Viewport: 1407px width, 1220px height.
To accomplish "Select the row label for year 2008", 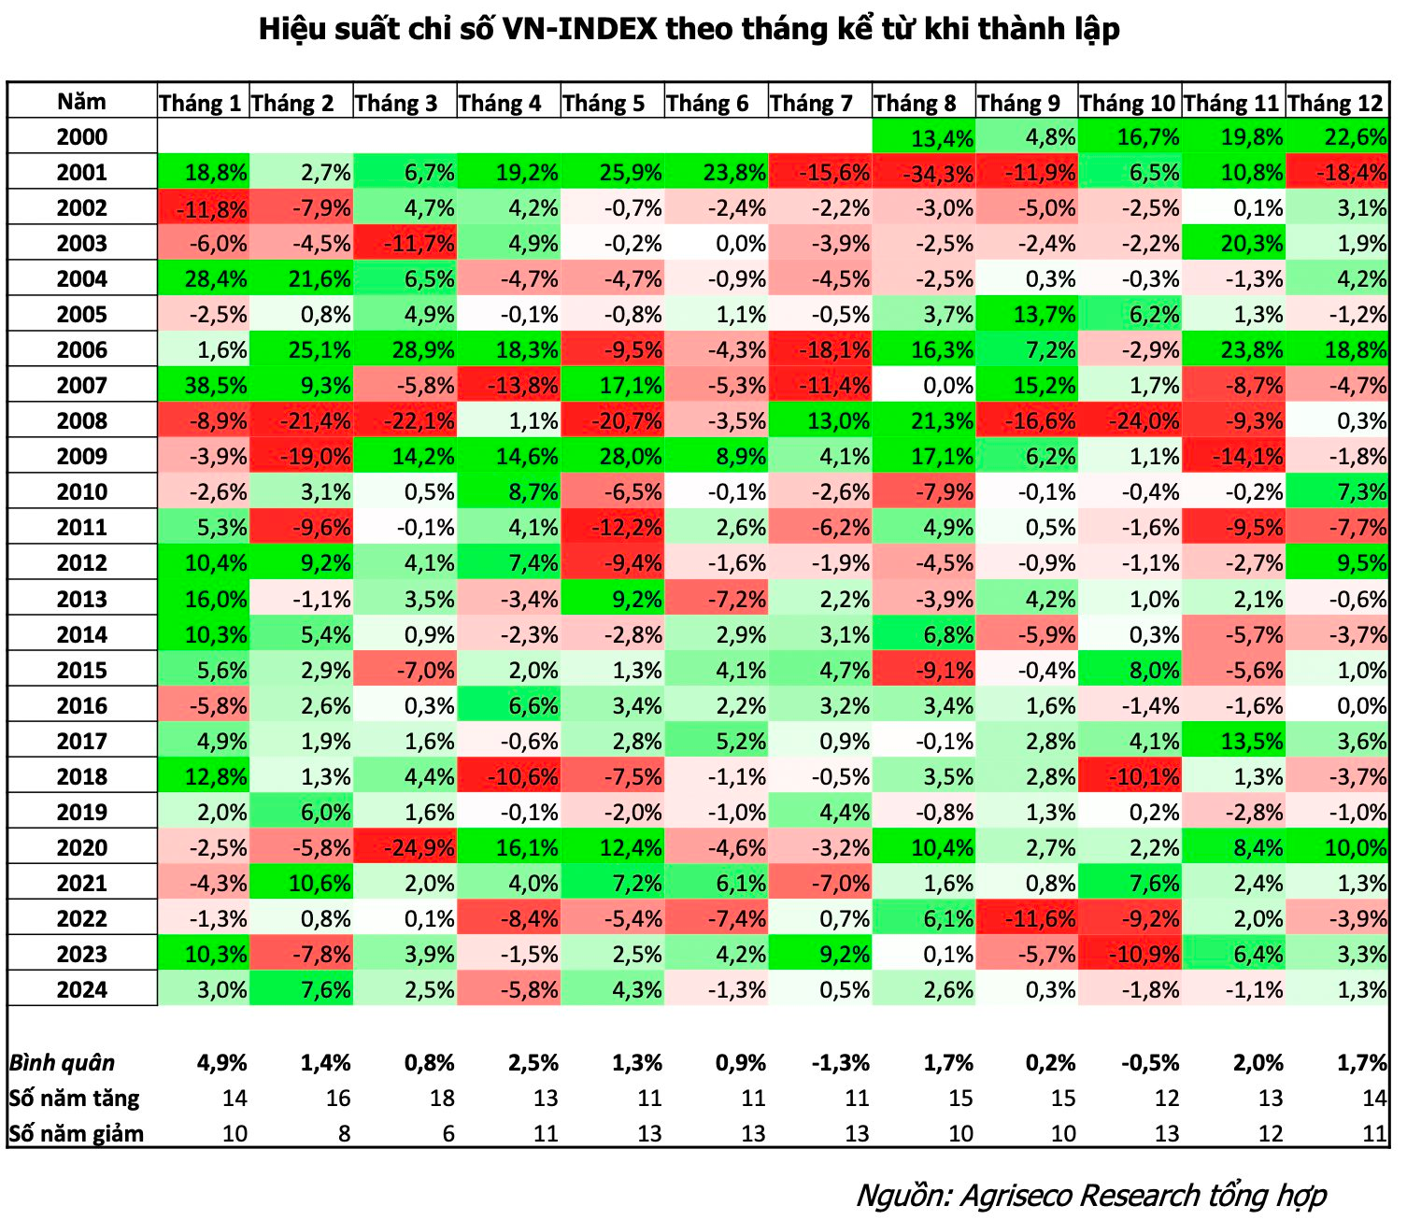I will point(82,420).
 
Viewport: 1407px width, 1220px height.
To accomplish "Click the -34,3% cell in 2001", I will point(924,173).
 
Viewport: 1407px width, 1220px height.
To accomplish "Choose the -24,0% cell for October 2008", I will point(1130,421).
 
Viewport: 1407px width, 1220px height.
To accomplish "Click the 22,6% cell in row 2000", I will point(1338,137).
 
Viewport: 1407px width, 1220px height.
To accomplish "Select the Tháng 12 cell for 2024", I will point(1338,990).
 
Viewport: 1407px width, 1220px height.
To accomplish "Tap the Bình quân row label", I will point(62,1063).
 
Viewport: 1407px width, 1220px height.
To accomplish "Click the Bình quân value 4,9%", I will point(222,1063).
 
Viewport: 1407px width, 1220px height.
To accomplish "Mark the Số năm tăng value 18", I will point(442,1099).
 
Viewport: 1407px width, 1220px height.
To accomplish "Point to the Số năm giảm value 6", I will point(448,1134).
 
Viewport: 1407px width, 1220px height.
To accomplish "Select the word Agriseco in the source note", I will point(1017,1196).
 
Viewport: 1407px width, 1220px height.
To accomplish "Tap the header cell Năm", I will point(82,102).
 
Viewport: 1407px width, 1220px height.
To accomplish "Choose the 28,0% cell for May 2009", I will point(613,457).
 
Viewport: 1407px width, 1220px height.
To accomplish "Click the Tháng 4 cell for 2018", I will point(509,777).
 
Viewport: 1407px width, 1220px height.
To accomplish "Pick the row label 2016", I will point(82,706).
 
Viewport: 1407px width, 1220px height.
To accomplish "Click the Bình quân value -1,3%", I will point(842,1063).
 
